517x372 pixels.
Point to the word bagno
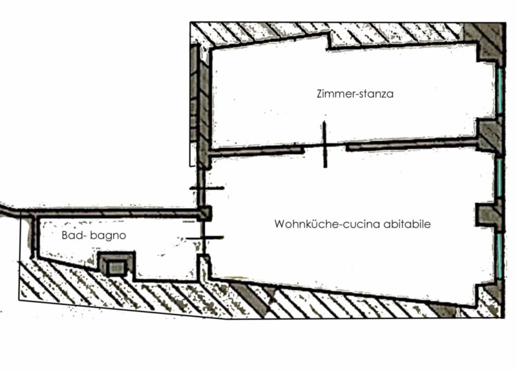pos(109,236)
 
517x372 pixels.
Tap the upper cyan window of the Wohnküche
pos(500,178)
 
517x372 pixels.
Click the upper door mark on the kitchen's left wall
pos(206,188)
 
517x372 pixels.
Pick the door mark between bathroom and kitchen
pos(204,238)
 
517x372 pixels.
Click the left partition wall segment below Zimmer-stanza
pos(258,150)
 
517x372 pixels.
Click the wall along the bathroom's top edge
pos(110,212)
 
